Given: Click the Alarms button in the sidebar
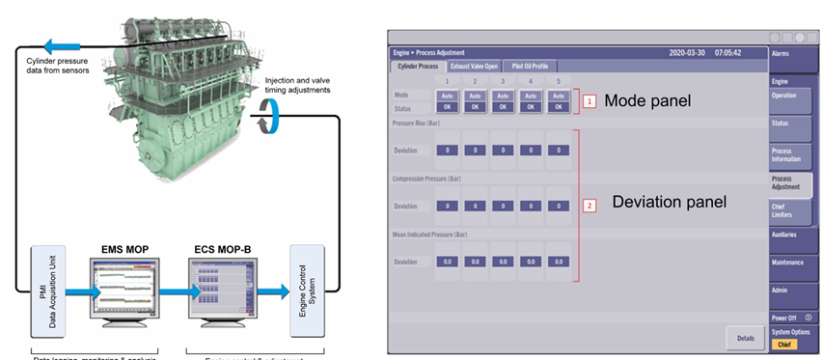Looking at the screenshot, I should pos(794,55).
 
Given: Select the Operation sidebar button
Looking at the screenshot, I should pos(794,97).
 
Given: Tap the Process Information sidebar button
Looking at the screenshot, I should pos(794,154).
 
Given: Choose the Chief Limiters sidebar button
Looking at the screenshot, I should pos(794,208).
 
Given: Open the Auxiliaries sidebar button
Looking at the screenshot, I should pos(794,235).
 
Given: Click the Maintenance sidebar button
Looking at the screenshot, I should pos(794,262).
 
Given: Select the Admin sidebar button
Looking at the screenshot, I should pos(794,289).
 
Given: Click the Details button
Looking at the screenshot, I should pos(744,338).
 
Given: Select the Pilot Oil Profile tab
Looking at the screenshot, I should pos(533,67).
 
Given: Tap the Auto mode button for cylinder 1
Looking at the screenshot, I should pos(447,96).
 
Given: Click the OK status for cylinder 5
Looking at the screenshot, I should pos(559,106).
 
